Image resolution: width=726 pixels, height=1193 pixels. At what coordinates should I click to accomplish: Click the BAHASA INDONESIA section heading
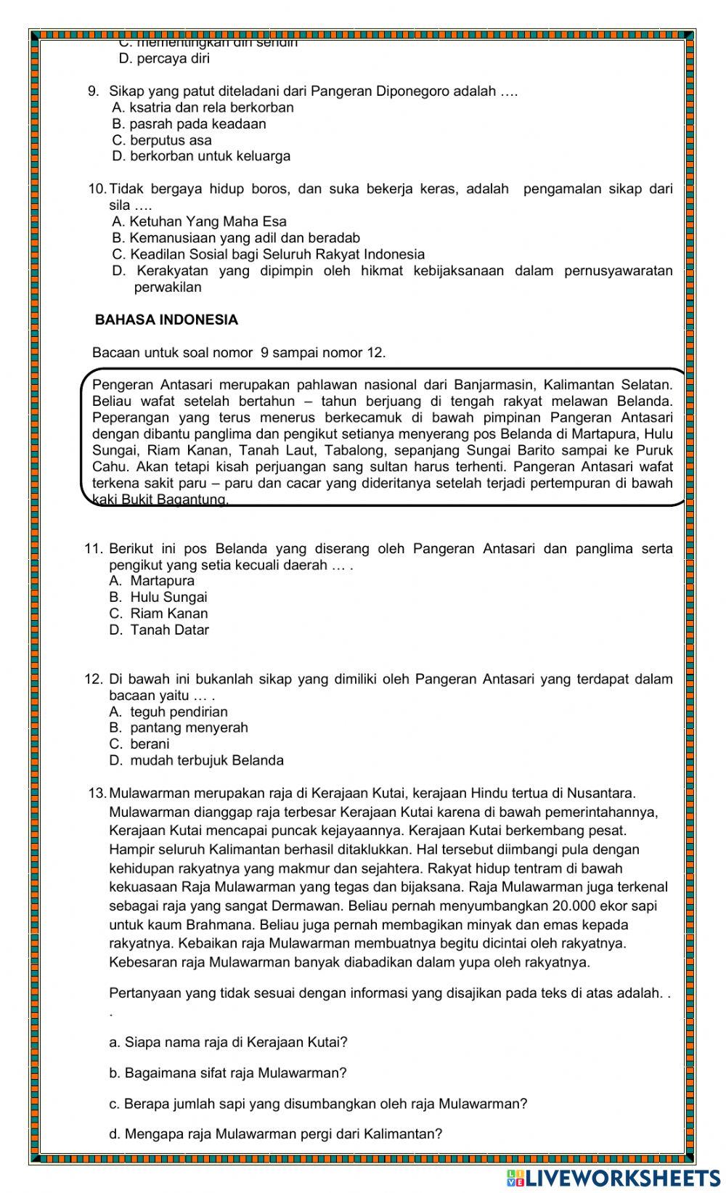click(x=166, y=320)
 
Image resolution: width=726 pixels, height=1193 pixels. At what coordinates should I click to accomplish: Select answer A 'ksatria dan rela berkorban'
click(x=203, y=107)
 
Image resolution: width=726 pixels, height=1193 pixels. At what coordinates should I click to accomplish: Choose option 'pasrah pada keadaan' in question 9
click(x=189, y=124)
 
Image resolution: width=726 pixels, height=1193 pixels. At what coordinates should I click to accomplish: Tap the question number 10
click(x=97, y=190)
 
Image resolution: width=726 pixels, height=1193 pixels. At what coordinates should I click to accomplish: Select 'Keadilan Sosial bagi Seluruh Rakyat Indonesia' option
click(x=269, y=255)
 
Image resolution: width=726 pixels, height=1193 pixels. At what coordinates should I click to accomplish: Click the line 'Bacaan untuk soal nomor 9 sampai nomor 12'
click(x=239, y=353)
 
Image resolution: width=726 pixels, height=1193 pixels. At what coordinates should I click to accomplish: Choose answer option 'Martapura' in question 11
click(x=152, y=581)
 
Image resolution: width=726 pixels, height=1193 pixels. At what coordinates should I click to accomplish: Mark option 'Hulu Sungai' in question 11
click(x=158, y=598)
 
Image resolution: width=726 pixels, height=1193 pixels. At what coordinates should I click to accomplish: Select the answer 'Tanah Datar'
click(x=160, y=630)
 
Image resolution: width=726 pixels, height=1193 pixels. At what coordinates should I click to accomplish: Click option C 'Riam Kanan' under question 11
click(x=159, y=614)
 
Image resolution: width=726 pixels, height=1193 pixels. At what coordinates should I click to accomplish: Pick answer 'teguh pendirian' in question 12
click(x=168, y=712)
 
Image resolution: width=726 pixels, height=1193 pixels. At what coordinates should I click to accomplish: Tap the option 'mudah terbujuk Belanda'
click(x=197, y=761)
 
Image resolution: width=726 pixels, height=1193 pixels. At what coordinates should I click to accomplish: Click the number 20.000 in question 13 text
click(x=574, y=906)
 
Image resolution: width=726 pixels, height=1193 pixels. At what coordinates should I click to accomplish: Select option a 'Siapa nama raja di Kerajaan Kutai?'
click(x=228, y=1043)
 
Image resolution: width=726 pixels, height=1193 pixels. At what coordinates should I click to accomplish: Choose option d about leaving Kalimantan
click(x=275, y=1134)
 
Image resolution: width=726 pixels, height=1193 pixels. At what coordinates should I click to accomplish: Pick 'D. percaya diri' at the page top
click(x=164, y=59)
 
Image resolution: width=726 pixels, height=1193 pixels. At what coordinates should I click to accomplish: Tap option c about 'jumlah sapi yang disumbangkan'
click(x=318, y=1104)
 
